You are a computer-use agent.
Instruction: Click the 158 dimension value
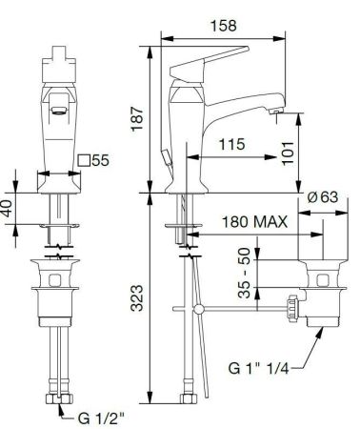(x=224, y=26)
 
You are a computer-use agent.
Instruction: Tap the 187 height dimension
(x=137, y=119)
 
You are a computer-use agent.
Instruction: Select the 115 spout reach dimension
(x=232, y=144)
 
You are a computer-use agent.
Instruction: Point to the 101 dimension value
(x=288, y=153)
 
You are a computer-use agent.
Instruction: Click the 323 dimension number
(x=137, y=297)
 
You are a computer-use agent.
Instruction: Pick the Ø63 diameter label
(x=323, y=197)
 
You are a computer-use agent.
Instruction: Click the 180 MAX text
(x=254, y=222)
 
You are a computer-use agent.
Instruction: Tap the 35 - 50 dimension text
(x=245, y=273)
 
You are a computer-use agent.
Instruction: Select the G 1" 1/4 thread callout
(x=259, y=368)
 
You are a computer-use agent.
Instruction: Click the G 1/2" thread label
(x=100, y=419)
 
